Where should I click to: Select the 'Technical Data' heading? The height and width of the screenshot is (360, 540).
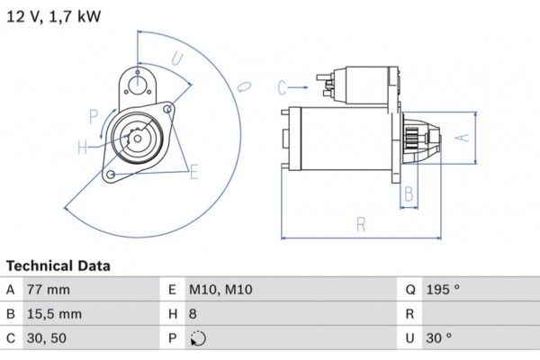(58, 266)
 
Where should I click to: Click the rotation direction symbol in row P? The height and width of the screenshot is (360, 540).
(199, 339)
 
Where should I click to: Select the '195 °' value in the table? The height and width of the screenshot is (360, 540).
(441, 290)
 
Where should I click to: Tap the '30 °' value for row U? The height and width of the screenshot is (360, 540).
(437, 338)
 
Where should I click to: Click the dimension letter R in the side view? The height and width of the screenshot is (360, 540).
(360, 225)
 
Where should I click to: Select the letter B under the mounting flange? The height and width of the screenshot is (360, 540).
(409, 193)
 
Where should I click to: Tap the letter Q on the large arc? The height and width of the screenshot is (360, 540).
(243, 85)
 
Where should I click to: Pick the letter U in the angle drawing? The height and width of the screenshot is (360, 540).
(177, 60)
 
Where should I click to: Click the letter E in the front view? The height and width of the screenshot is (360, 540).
(193, 168)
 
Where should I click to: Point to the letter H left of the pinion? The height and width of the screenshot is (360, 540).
(82, 147)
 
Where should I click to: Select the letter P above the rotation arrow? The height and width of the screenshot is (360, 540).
(93, 115)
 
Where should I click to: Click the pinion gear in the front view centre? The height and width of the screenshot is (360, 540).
(136, 141)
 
